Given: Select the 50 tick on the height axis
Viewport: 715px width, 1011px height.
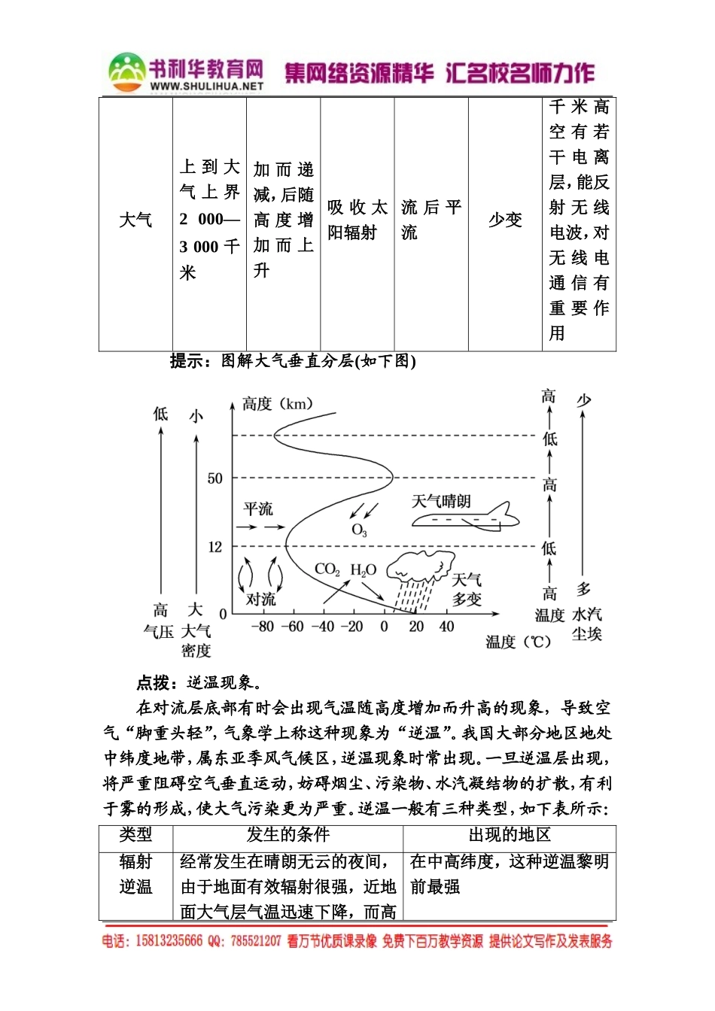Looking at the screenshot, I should pos(215,478).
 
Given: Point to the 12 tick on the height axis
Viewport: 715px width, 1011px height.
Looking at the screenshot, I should pos(215,547).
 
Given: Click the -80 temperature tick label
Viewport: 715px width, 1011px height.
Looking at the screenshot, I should pos(262,627).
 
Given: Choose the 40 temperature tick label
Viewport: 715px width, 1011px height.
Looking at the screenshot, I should pos(446,627).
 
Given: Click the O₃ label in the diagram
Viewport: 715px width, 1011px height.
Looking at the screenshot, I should pos(359,530).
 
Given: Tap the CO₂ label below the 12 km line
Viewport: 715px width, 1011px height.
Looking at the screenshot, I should pos(327,569).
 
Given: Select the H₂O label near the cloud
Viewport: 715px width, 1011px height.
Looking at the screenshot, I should pos(363,570).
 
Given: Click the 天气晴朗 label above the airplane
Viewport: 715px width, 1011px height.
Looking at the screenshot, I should pos(441,501).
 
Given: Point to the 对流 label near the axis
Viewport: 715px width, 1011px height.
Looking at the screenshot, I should pos(260,599).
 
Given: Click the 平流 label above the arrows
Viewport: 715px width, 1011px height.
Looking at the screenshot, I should pos(258,509).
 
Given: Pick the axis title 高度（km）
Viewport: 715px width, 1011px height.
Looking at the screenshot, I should pos(277,404).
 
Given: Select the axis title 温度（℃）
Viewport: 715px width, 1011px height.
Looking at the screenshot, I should pos(519,642).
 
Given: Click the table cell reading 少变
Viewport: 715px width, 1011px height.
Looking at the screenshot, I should pos(505,220).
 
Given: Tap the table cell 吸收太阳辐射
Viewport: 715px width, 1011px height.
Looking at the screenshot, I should pos(357,220).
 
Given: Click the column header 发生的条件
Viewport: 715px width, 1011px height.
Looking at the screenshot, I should pos(288,835).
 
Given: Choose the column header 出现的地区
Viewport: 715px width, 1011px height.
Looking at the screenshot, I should pos(510,835).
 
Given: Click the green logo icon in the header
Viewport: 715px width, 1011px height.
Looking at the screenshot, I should pos(126,71).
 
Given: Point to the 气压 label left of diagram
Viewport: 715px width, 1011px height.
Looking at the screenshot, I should pos(158,632).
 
